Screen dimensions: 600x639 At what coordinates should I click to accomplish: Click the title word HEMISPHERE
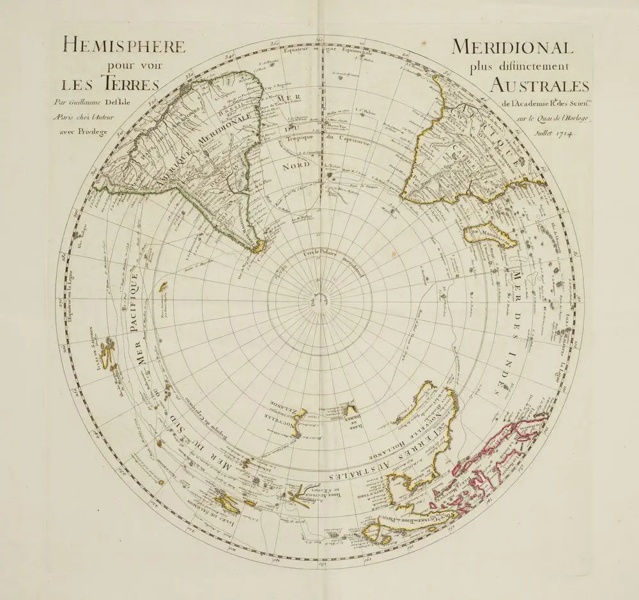pos(123,47)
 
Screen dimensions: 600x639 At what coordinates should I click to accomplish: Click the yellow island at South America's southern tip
pos(257,245)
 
